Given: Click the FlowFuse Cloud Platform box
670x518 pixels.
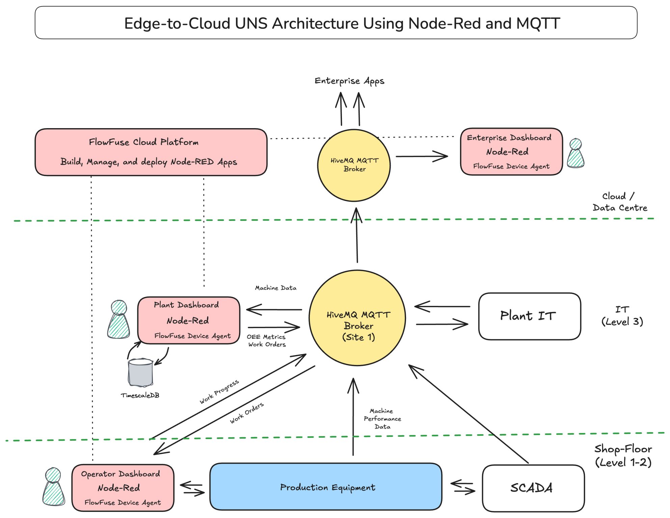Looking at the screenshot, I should click(151, 152).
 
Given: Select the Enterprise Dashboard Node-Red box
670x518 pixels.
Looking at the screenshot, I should click(511, 152).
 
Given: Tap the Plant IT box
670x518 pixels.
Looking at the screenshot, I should click(529, 316).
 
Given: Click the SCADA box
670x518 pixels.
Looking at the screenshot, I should click(533, 488).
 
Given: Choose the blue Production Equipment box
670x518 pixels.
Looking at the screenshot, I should click(326, 487).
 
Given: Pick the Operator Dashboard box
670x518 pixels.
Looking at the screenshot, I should click(123, 488).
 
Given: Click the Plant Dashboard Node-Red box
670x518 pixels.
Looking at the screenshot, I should click(189, 320).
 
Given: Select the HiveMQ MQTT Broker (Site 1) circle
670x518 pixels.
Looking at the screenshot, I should click(357, 318).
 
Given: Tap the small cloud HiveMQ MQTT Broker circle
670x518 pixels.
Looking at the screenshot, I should click(354, 165).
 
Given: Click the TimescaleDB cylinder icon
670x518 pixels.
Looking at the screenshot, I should click(140, 373).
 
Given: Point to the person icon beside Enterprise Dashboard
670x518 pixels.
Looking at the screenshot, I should click(575, 153).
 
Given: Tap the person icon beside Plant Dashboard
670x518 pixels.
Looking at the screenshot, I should click(118, 319).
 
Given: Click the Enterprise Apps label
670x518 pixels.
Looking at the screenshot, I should click(349, 81).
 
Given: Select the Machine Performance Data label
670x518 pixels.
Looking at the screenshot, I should click(382, 419).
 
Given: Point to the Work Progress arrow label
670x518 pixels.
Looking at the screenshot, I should click(219, 392).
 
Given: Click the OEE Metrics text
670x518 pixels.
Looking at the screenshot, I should click(266, 337).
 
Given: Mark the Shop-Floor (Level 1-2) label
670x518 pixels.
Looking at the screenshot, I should click(623, 456).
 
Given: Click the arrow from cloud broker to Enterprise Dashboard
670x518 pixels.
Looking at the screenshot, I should click(422, 156).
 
